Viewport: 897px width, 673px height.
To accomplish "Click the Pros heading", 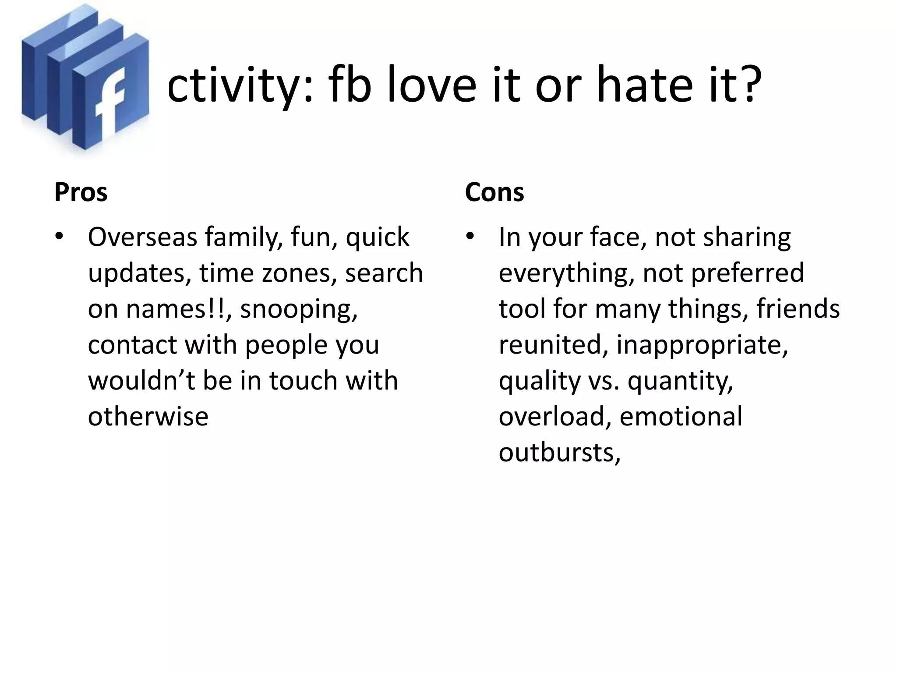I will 81,192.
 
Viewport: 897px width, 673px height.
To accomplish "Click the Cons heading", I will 494,192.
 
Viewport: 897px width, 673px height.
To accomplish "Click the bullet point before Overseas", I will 59,237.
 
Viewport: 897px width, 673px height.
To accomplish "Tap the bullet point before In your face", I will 470,237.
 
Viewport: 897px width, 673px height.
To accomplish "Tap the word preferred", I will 747,273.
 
